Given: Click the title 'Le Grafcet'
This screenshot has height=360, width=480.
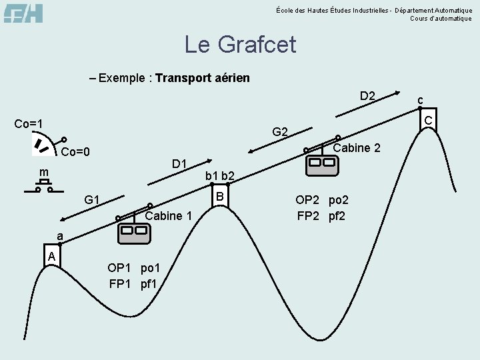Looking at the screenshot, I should (240, 45).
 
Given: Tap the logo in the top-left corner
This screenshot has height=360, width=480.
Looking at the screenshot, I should (23, 13).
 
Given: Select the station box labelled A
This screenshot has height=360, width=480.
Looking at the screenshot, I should (52, 256).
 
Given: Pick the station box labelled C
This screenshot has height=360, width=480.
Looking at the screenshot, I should (428, 119).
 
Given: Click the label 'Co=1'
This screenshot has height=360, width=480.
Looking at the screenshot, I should (29, 124).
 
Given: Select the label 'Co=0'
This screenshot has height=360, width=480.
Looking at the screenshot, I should (75, 152).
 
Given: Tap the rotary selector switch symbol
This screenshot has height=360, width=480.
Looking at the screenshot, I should (42, 145).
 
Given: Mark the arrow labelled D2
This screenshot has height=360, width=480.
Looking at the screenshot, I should (360, 109).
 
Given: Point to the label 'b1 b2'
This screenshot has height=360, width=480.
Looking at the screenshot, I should (219, 176).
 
